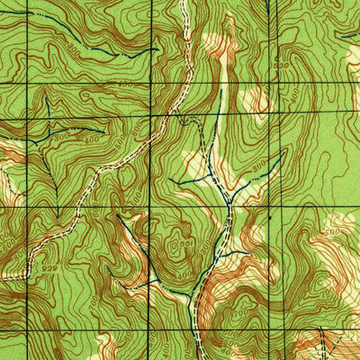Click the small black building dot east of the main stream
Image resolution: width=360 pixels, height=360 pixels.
[x=269, y=217]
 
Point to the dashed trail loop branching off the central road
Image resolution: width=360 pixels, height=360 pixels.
[x=189, y=120]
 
